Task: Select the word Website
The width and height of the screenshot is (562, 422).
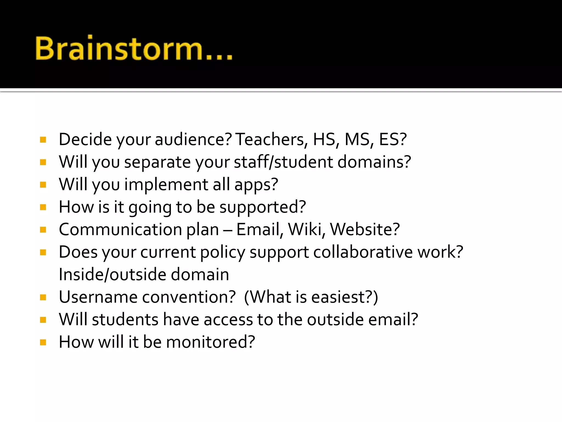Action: (x=364, y=230)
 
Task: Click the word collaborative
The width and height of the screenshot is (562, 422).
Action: (x=363, y=252)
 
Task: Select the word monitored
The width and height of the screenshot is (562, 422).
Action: (x=210, y=342)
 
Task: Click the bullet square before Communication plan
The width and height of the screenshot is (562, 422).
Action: (x=43, y=230)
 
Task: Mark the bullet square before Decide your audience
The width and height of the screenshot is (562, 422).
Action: (x=43, y=140)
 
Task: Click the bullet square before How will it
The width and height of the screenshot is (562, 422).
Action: (x=43, y=342)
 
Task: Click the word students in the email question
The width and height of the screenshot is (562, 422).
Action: (x=125, y=320)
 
